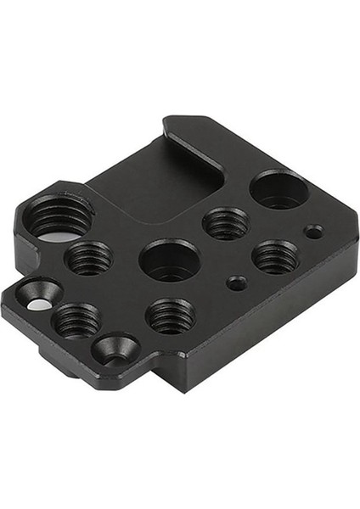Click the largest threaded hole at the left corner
(x=60, y=217)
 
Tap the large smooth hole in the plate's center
(x=169, y=260)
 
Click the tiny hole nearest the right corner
(x=313, y=230)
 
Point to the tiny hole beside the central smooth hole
(x=238, y=282)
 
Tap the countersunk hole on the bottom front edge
(x=114, y=347)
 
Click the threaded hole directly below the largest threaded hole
(x=89, y=257)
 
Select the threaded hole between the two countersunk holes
(x=76, y=320)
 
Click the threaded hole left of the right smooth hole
(x=226, y=223)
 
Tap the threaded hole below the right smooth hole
(x=275, y=255)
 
